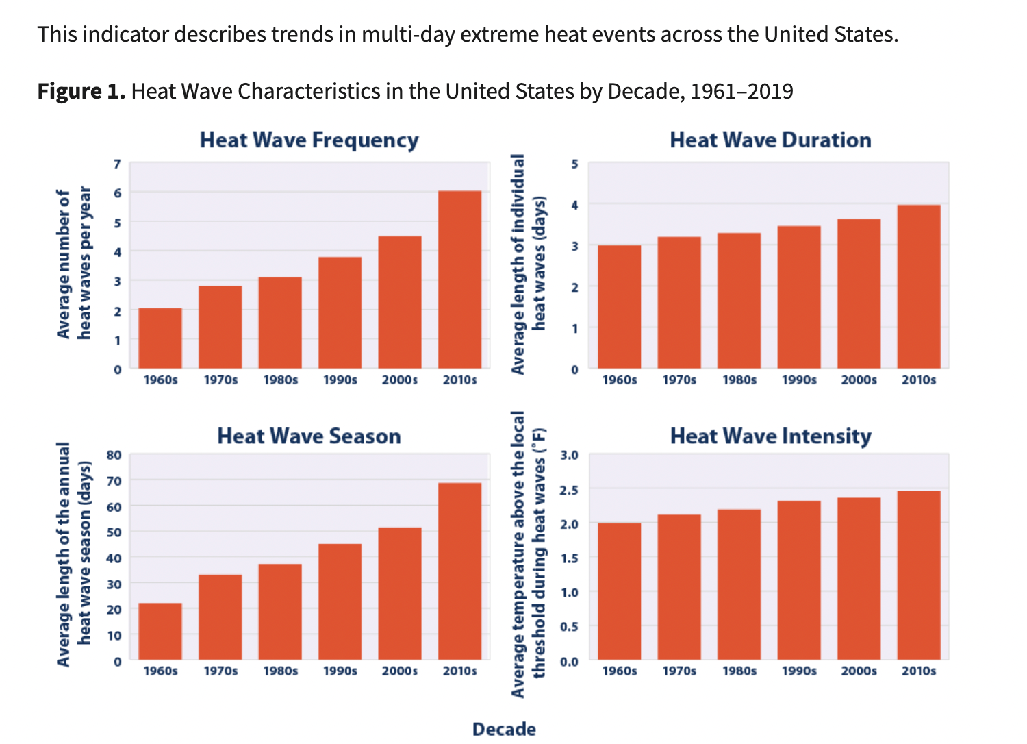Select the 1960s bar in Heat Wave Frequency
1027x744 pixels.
coord(160,338)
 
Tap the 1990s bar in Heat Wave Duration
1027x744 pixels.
coord(799,297)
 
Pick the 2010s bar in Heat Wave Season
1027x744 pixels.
coord(459,571)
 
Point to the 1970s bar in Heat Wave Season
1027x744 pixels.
coord(220,617)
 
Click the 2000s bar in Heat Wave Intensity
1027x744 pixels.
coord(859,579)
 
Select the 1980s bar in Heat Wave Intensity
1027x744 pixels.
coord(739,585)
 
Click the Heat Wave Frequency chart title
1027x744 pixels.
coord(309,140)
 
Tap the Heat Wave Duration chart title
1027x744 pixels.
coord(770,140)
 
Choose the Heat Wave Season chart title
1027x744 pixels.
coord(309,436)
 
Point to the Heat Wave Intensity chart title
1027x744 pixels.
coord(770,436)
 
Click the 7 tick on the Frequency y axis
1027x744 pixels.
coord(117,164)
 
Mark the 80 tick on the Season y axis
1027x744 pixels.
coord(114,455)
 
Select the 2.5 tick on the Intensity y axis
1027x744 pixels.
coord(569,490)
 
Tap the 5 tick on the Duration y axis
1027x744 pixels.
coord(574,164)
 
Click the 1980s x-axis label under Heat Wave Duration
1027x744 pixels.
coord(739,380)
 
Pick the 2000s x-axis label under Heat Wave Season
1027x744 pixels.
coord(400,671)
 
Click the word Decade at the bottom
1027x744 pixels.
coord(504,729)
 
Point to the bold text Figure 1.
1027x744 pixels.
coord(81,91)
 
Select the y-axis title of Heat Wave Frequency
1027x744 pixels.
coord(73,264)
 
